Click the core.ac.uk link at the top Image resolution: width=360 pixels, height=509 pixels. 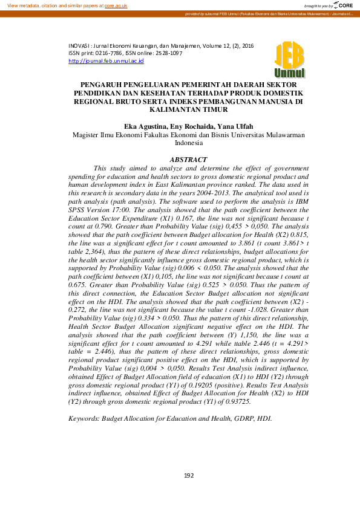click(116, 5)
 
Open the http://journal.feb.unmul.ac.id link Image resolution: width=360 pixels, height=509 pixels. click(106, 60)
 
